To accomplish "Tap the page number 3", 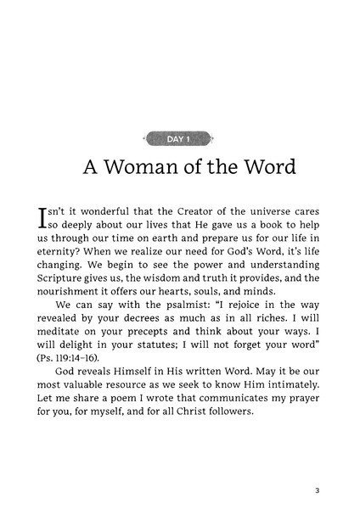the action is [315, 489].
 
